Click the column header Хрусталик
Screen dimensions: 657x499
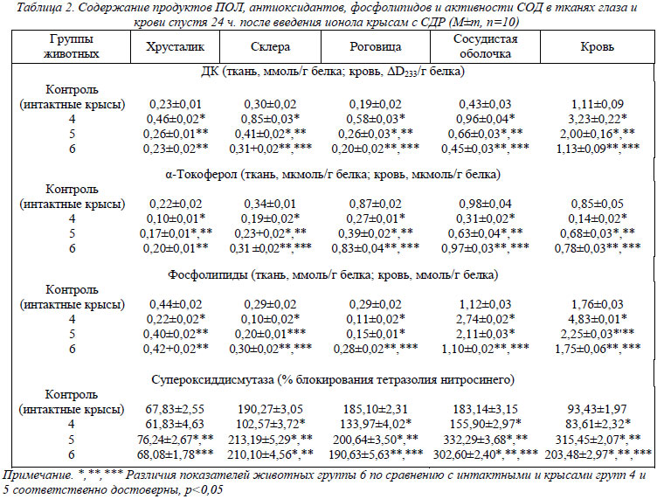coord(175,47)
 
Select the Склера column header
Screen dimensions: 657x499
coord(270,46)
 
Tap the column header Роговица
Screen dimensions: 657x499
coord(376,47)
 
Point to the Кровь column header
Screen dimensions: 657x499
coord(597,47)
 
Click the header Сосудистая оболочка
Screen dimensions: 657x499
coord(485,46)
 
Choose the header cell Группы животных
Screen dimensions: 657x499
coord(72,46)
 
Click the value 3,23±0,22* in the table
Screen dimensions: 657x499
coord(598,119)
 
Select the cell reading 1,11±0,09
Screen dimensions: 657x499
coord(597,104)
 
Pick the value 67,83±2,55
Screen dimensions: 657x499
coord(175,409)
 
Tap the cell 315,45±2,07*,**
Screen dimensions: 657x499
coord(598,439)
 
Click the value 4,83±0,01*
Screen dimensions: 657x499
coord(598,319)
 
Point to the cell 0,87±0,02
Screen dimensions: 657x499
coord(376,204)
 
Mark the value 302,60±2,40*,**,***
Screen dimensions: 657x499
coord(486,454)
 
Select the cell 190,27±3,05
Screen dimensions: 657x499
coord(270,409)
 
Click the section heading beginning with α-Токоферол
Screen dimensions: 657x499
coord(333,174)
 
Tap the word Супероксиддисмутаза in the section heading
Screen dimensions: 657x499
coord(213,379)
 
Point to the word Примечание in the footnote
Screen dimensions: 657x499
coord(38,475)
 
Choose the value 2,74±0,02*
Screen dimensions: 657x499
coord(486,319)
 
